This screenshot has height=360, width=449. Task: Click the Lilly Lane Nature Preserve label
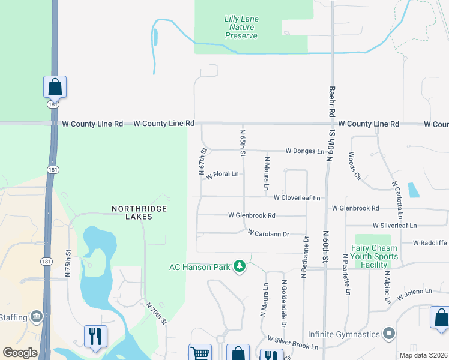click(241, 28)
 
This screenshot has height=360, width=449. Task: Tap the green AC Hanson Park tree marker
click(240, 266)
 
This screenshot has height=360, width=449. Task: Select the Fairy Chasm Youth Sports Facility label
click(375, 256)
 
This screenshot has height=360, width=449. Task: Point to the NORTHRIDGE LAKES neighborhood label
click(140, 212)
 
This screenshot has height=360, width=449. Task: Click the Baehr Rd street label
click(331, 101)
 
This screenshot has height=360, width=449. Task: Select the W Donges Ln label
click(304, 151)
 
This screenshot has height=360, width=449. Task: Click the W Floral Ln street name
click(222, 175)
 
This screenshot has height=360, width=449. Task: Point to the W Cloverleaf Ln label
click(297, 197)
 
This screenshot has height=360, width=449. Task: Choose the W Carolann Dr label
click(267, 233)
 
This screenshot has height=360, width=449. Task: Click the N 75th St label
click(68, 263)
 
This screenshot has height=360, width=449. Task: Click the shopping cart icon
click(199, 353)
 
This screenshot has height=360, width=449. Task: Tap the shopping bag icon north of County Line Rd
click(55, 87)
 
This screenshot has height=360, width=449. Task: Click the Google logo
click(20, 353)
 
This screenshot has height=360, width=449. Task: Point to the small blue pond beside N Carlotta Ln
click(413, 190)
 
